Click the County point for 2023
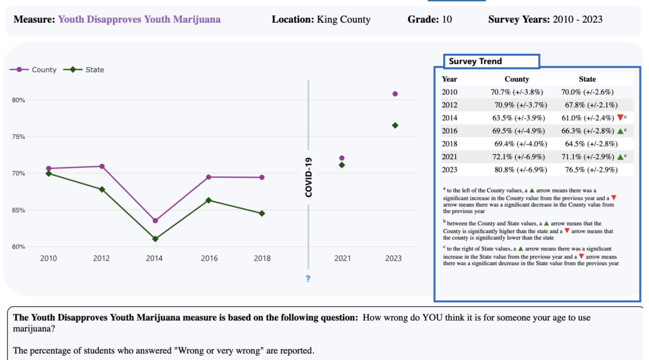[395, 94]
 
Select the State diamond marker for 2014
[155, 239]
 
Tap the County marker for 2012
[101, 167]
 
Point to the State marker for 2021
[342, 165]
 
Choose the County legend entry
[38, 70]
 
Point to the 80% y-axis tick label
[17, 100]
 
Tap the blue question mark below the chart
[308, 279]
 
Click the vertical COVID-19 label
[309, 177]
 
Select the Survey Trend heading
[475, 61]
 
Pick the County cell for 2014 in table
[517, 118]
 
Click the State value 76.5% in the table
[588, 170]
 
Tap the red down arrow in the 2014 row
[619, 118]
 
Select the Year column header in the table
[449, 79]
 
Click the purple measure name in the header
[139, 20]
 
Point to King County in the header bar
[342, 20]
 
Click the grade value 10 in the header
[447, 20]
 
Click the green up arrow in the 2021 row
[619, 157]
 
